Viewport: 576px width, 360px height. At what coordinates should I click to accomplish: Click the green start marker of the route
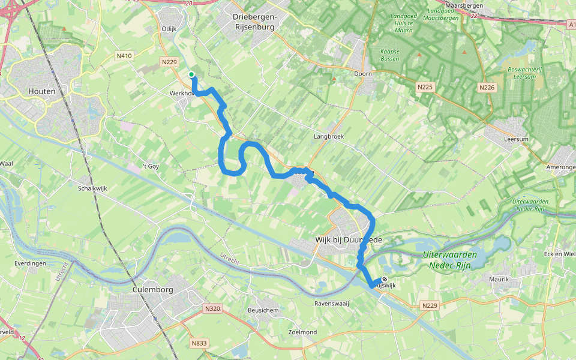(191, 75)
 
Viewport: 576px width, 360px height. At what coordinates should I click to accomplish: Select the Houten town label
(42, 92)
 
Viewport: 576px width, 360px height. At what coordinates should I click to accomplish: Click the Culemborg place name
(152, 290)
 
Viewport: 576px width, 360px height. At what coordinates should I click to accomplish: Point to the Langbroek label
(328, 137)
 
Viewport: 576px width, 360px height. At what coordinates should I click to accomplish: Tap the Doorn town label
(363, 74)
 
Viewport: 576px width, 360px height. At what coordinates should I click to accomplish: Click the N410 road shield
(124, 56)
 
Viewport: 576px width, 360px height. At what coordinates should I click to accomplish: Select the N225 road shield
(425, 87)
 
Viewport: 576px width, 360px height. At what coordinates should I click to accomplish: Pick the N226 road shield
(487, 88)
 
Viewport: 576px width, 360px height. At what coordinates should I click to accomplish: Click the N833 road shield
(199, 343)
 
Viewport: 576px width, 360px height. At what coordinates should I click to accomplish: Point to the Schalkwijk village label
(92, 188)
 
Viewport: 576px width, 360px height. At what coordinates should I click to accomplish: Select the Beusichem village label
(263, 310)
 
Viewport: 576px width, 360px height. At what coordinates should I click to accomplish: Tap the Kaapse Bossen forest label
(390, 56)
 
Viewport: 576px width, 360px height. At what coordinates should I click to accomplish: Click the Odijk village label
(169, 28)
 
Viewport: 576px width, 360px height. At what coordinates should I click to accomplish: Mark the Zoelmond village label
(302, 332)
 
